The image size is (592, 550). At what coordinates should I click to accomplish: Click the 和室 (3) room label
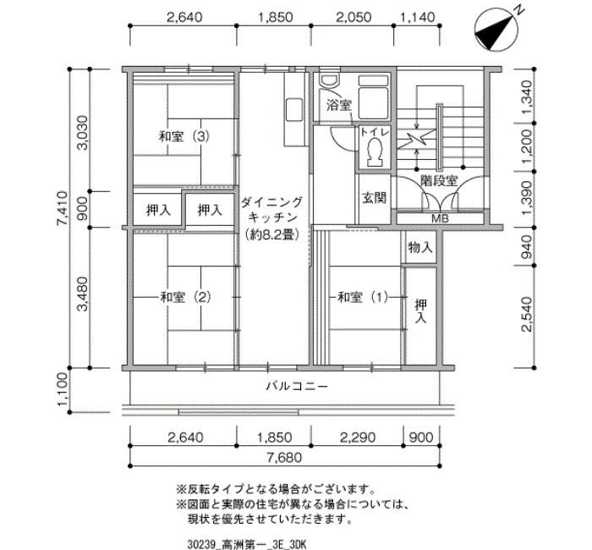click(184, 136)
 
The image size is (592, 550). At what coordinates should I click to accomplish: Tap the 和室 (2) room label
click(185, 297)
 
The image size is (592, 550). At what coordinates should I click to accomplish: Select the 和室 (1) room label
click(363, 297)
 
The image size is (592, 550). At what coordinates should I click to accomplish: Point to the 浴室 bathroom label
click(339, 105)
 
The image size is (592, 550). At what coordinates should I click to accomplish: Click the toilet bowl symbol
click(375, 151)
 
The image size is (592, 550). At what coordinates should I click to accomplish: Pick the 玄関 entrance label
click(374, 197)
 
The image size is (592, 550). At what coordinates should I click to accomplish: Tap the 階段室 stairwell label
click(439, 180)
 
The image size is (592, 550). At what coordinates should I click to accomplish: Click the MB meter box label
click(440, 218)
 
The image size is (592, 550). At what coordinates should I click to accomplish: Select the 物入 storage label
click(419, 247)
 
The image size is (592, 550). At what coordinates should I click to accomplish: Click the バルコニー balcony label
click(297, 387)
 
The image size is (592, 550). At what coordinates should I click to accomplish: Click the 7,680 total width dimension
click(284, 458)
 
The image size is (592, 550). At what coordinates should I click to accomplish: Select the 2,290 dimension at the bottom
click(358, 437)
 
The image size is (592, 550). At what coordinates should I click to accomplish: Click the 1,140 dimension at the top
click(417, 17)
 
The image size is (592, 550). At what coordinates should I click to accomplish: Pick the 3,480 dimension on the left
click(82, 294)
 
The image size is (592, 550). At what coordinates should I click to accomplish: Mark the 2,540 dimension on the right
click(526, 314)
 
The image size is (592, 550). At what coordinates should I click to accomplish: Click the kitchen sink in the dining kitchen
click(294, 109)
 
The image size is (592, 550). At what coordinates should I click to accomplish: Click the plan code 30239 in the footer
click(201, 544)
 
